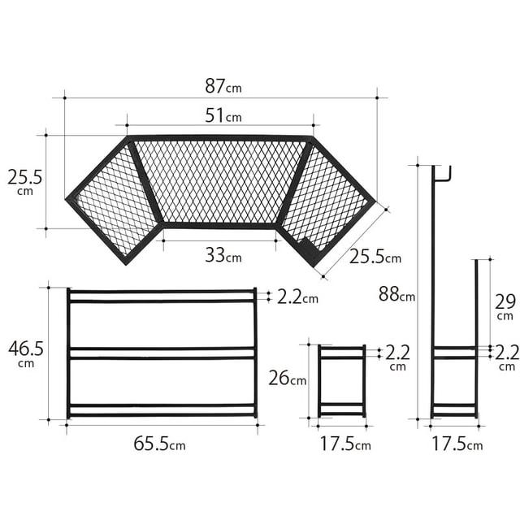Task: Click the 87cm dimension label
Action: click(223, 86)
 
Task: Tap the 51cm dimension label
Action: click(223, 115)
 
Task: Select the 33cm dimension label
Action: click(223, 255)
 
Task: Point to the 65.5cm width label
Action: click(159, 444)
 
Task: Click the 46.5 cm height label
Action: click(26, 353)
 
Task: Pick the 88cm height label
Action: click(397, 294)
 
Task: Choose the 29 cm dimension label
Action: click(505, 306)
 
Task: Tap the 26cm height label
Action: click(287, 378)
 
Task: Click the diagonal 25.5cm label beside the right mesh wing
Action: click(375, 257)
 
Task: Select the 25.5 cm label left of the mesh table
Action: click(25, 181)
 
